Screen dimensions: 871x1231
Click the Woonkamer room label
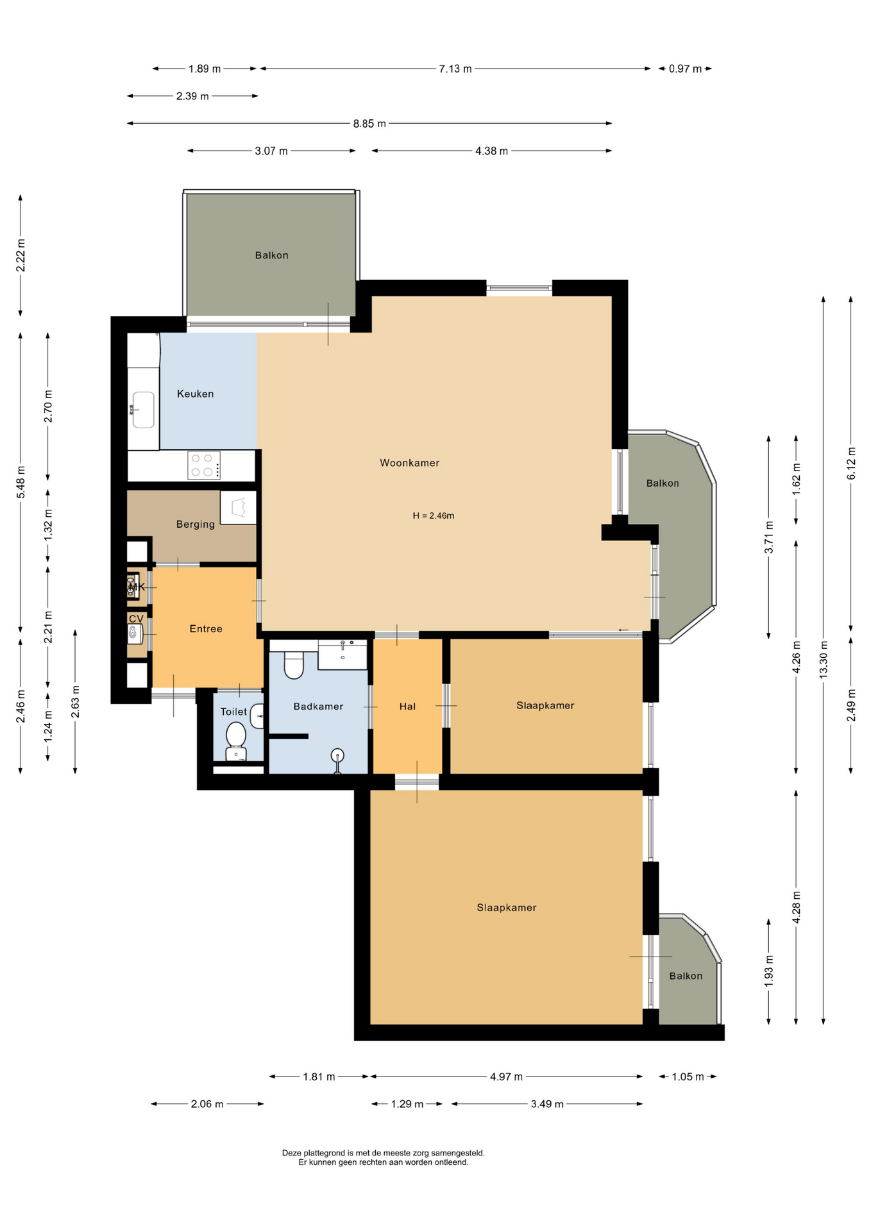(409, 463)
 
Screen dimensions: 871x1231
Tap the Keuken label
(195, 394)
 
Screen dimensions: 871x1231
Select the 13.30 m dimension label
(824, 660)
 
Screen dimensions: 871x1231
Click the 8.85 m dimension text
(369, 124)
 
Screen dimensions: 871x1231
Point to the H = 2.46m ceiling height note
(434, 515)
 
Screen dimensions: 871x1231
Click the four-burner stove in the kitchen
(204, 465)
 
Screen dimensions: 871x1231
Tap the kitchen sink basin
(143, 410)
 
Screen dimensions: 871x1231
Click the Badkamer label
(318, 707)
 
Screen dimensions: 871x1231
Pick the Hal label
(407, 707)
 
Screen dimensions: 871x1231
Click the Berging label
(196, 524)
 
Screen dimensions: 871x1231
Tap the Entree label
(206, 629)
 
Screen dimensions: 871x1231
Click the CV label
(136, 619)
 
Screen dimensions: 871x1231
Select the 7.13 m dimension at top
(455, 69)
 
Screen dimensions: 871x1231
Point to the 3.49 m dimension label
(547, 1104)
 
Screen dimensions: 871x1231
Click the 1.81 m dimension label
(319, 1077)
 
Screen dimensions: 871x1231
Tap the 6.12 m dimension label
(851, 464)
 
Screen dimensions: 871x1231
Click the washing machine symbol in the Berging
(239, 508)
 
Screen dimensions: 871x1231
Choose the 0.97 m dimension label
(685, 69)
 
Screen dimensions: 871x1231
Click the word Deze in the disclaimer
(292, 1153)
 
